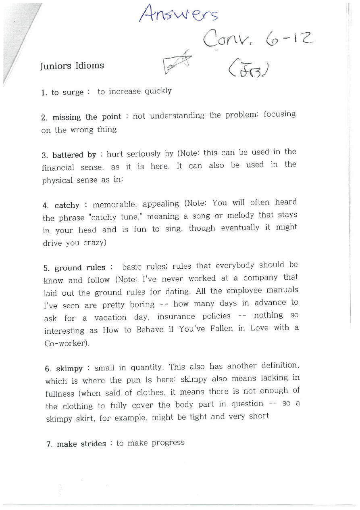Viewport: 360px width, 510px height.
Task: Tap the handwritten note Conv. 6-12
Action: click(x=258, y=41)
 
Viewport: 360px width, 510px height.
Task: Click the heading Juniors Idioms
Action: click(x=72, y=66)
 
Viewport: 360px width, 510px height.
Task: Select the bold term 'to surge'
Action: click(x=67, y=92)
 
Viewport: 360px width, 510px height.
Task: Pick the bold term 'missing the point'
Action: click(x=87, y=117)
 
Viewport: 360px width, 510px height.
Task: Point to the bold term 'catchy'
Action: click(x=67, y=205)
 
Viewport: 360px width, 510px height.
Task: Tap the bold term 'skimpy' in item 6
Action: click(x=69, y=368)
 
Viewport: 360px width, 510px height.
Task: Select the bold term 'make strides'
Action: click(x=81, y=444)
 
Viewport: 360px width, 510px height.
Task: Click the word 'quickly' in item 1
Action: click(x=158, y=91)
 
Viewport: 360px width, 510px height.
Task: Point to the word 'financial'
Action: click(x=58, y=167)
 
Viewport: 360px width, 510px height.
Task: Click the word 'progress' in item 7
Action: click(x=168, y=443)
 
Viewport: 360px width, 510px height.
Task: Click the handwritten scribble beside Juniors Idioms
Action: click(x=176, y=63)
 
